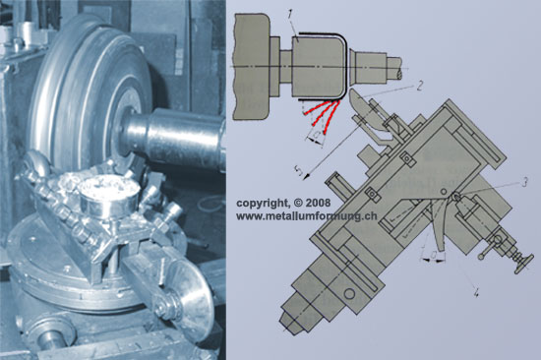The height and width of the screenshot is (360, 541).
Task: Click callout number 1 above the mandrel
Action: (x=290, y=15)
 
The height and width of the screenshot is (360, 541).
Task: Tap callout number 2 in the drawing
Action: (x=419, y=86)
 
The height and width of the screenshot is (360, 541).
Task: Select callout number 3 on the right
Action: (x=524, y=182)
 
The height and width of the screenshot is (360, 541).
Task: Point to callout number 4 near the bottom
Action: (x=476, y=293)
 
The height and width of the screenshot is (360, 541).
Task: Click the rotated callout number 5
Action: (x=299, y=170)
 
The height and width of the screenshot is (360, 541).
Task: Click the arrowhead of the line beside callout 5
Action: (x=306, y=177)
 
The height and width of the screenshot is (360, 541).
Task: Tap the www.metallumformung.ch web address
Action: (x=306, y=216)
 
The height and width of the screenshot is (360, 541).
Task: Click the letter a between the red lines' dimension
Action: (x=315, y=134)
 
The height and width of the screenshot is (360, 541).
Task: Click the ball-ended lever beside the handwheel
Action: (x=489, y=248)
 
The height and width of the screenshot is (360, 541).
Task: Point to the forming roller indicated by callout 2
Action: (x=365, y=109)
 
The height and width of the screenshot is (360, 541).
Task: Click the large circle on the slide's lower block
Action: (x=349, y=294)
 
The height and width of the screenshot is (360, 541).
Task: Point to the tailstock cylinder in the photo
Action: (x=172, y=138)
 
